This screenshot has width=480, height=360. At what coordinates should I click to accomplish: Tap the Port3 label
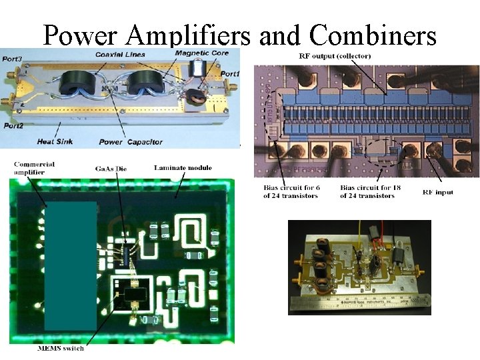[11, 59]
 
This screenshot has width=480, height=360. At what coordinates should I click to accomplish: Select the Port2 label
[13, 125]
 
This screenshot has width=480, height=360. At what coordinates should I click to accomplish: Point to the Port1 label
[230, 73]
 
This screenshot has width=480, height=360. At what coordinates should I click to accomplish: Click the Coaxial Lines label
[119, 54]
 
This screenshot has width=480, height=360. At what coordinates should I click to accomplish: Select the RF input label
[438, 191]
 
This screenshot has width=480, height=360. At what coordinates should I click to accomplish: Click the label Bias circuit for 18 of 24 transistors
[367, 191]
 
